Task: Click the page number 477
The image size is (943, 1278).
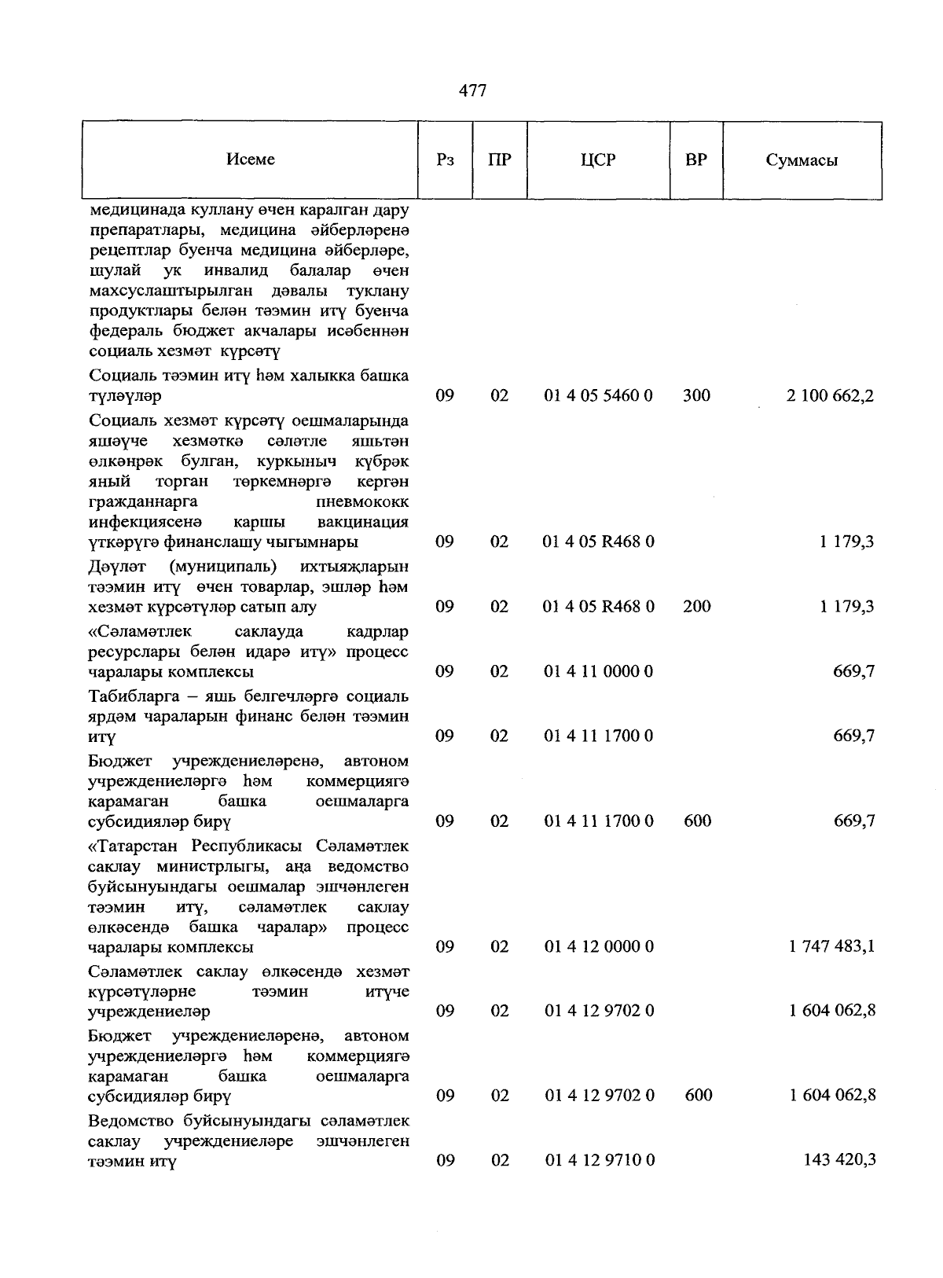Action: pyautogui.click(x=472, y=90)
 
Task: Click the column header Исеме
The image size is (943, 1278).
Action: pyautogui.click(x=251, y=160)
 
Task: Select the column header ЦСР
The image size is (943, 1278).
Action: pyautogui.click(x=598, y=160)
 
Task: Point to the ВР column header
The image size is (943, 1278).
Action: pyautogui.click(x=695, y=160)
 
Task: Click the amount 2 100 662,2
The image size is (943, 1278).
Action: pyautogui.click(x=831, y=395)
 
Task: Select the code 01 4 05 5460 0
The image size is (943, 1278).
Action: pyautogui.click(x=598, y=395)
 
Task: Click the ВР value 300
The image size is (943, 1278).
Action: pyautogui.click(x=696, y=395)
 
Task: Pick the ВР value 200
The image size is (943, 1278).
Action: pyautogui.click(x=697, y=606)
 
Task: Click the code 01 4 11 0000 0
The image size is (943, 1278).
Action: pyautogui.click(x=598, y=671)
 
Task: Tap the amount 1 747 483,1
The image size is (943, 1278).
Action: pyautogui.click(x=832, y=946)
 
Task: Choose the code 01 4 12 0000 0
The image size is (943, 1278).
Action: pyautogui.click(x=598, y=946)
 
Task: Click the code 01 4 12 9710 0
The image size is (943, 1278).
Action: pyautogui.click(x=598, y=1160)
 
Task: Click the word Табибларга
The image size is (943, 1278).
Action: pyautogui.click(x=127, y=696)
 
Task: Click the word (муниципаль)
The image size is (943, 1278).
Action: pyautogui.click(x=222, y=567)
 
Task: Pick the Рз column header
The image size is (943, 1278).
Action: pyautogui.click(x=445, y=160)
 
